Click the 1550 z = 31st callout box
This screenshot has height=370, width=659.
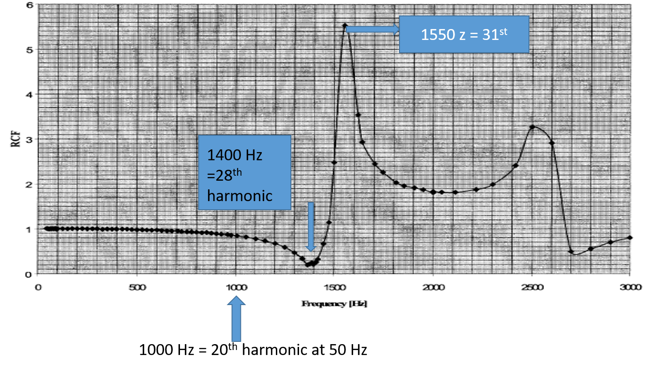tap(464, 35)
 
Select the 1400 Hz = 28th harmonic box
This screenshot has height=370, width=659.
tap(245, 173)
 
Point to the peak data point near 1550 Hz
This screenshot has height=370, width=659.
tap(345, 25)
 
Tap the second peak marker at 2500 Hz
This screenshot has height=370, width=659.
tap(532, 127)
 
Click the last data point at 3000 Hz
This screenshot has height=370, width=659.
tap(630, 237)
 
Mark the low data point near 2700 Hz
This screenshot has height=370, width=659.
tap(571, 251)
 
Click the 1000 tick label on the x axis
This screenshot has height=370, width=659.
tap(235, 287)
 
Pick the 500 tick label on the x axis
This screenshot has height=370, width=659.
tap(137, 287)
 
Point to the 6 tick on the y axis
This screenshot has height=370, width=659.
tap(30, 5)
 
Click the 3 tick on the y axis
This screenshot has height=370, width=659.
tap(30, 139)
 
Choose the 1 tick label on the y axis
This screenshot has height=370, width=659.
tap(30, 229)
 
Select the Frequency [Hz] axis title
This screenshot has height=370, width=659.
tap(334, 304)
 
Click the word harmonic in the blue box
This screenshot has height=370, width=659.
tap(240, 195)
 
